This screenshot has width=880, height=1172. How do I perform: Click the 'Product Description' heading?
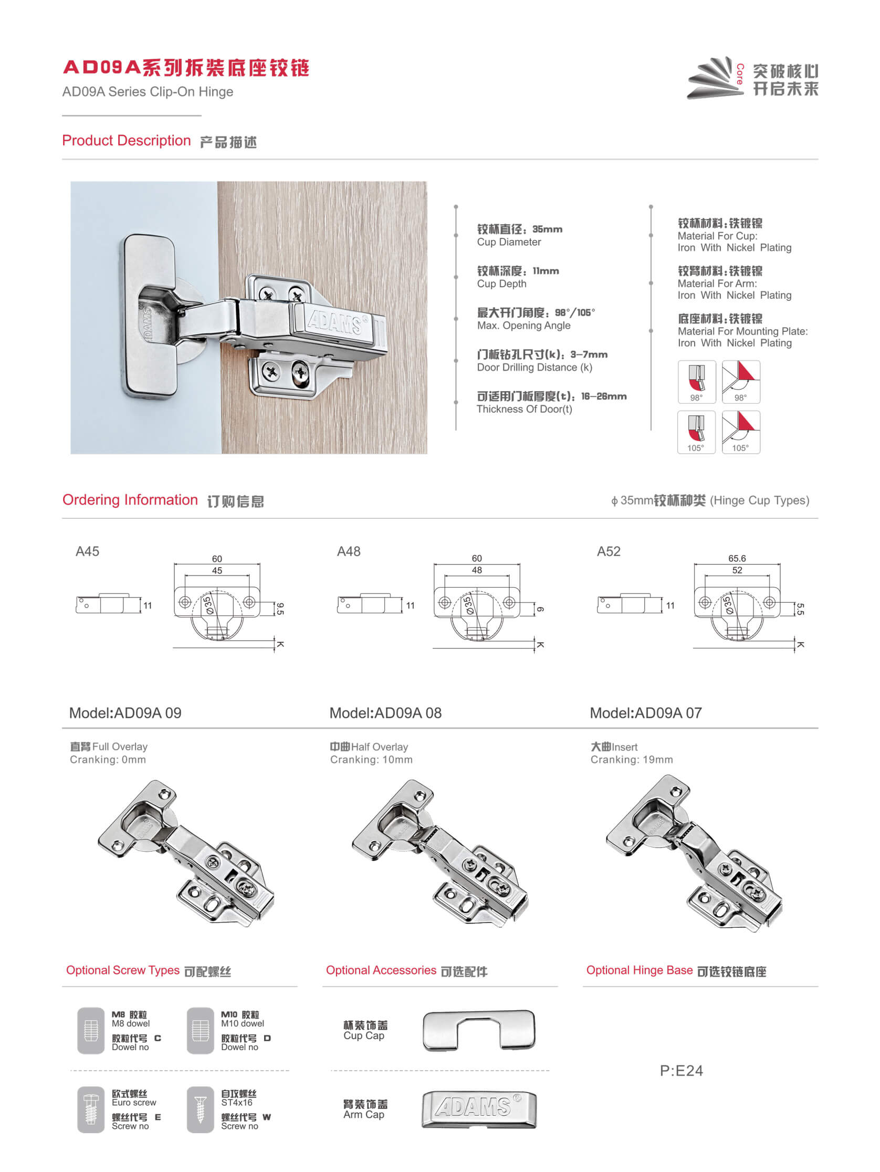tap(126, 140)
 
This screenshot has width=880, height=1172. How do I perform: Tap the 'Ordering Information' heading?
tap(130, 500)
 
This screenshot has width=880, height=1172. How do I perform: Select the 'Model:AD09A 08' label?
tap(385, 713)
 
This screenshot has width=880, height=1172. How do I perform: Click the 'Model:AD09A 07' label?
tap(645, 713)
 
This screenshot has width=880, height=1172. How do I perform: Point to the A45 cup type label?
tap(87, 551)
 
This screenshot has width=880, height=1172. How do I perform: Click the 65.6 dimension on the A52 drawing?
tap(737, 558)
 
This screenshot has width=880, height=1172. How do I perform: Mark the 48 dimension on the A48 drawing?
tap(477, 570)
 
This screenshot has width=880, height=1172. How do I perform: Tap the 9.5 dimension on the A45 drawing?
tap(280, 608)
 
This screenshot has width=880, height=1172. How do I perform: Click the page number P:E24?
tap(681, 1070)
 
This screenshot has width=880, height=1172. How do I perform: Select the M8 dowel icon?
tap(91, 1030)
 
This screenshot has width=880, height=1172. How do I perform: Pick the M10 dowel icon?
tap(200, 1030)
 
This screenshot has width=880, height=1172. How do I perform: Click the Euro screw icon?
tap(91, 1109)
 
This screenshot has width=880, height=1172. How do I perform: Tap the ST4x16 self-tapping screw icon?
tap(200, 1109)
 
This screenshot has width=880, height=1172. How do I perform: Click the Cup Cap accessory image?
tap(479, 1030)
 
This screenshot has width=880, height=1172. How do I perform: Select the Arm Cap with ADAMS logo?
tap(479, 1108)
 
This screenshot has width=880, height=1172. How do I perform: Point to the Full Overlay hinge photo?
tap(185, 853)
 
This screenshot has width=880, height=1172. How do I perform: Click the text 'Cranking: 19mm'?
tap(632, 759)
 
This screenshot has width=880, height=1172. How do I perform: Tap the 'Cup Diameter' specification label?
tap(509, 242)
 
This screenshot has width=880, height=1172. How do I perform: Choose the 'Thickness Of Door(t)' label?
tap(524, 409)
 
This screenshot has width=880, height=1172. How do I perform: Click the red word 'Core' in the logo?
tap(740, 74)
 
